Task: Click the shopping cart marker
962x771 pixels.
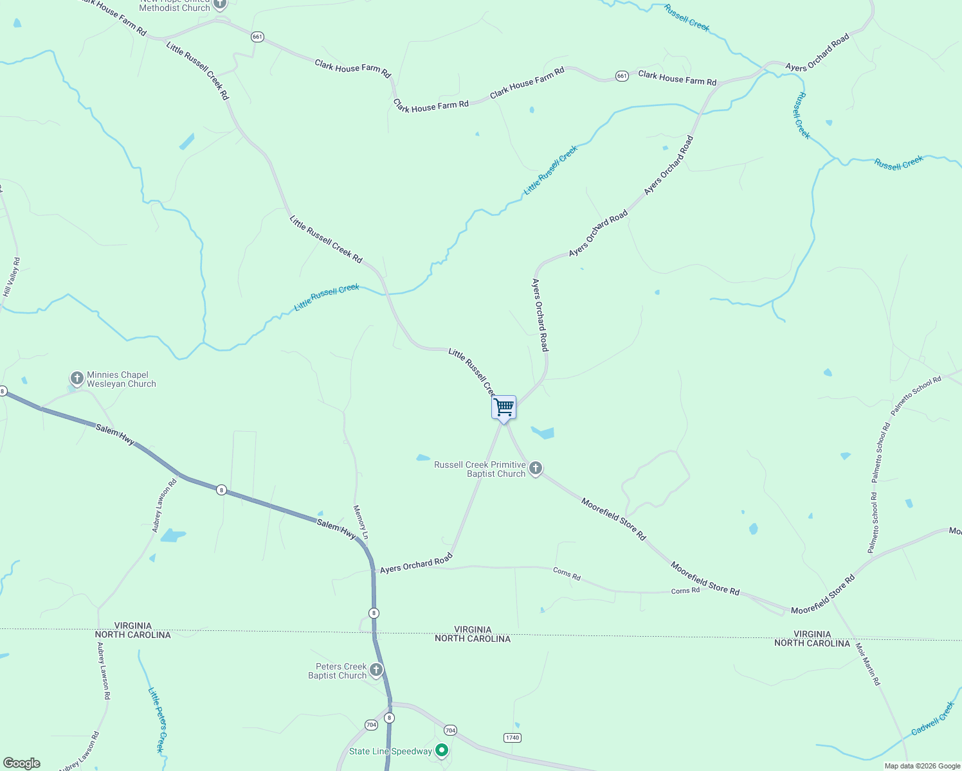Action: [x=504, y=408]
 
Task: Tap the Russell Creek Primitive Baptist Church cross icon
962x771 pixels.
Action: [x=536, y=468]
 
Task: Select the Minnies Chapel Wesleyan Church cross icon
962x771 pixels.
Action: [x=77, y=378]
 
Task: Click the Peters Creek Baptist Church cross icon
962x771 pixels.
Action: [x=376, y=670]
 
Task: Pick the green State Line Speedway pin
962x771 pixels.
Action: [x=442, y=750]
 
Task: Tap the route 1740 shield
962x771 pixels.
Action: [x=512, y=738]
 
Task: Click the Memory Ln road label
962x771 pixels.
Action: [x=361, y=522]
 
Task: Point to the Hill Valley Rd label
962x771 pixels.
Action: [x=12, y=277]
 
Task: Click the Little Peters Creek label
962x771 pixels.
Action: [x=157, y=720]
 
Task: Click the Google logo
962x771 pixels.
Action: [x=22, y=763]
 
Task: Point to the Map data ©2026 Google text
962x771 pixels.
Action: [x=922, y=766]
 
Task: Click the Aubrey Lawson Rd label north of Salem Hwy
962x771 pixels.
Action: [x=164, y=506]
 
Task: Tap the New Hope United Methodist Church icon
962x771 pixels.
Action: [x=220, y=4]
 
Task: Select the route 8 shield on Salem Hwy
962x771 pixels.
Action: [x=221, y=490]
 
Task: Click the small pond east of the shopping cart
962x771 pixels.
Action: [x=543, y=432]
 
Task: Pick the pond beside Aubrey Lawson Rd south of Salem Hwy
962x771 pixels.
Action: [x=172, y=535]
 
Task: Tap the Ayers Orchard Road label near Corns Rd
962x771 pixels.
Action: [x=416, y=564]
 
